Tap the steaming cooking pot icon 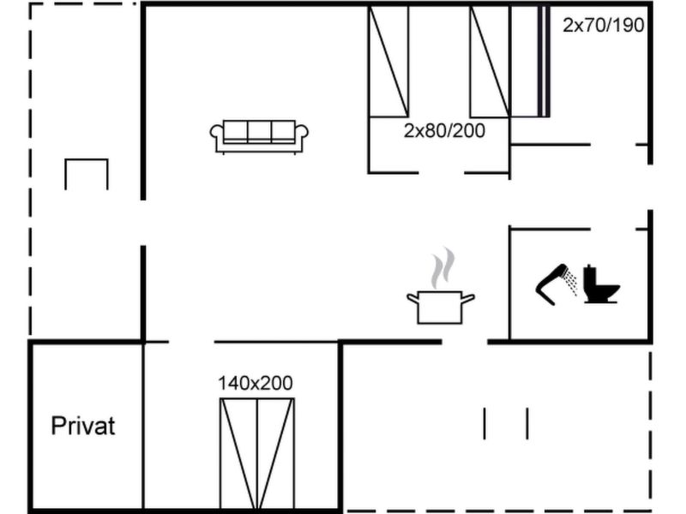click(441, 286)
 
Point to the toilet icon click(601, 284)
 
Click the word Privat click(83, 426)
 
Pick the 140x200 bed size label click(256, 383)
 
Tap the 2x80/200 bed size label click(444, 131)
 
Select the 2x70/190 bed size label click(604, 26)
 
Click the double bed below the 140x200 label click(256, 454)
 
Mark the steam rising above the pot click(442, 267)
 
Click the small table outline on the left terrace click(87, 175)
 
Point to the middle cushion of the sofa click(260, 131)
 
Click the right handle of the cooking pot click(468, 299)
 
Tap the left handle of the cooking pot click(413, 298)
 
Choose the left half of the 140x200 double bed click(238, 454)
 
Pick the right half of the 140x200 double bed click(276, 454)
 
